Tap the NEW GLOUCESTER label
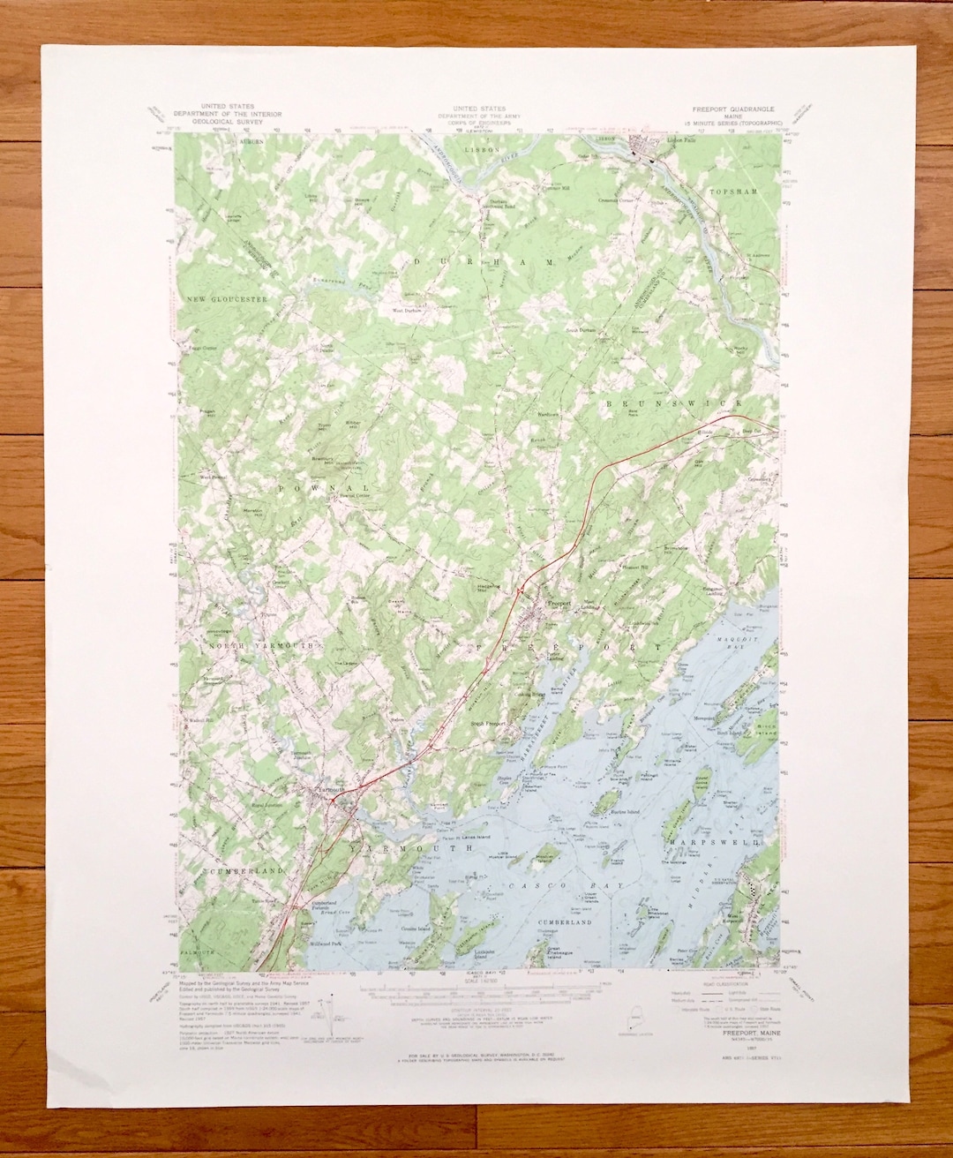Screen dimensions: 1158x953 (226, 300)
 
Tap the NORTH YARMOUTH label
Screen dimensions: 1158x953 (260, 647)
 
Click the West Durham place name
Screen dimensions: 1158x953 (407, 311)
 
